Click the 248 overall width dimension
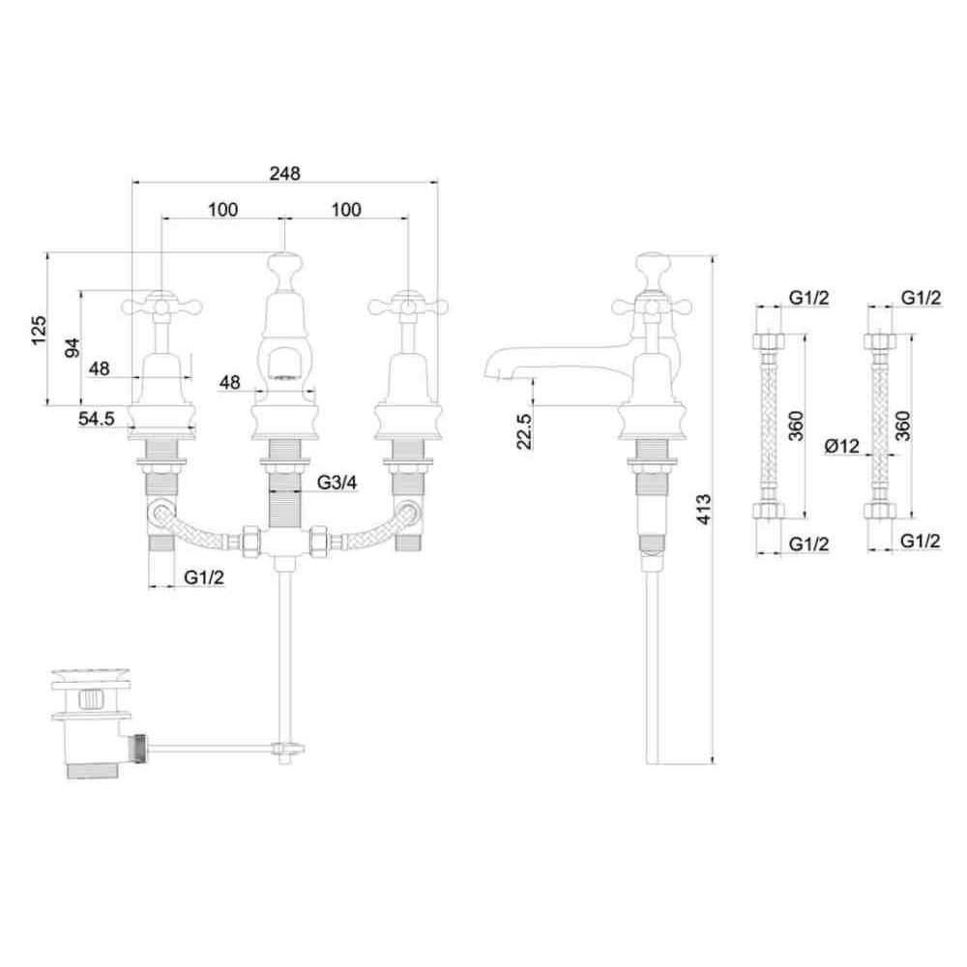(285, 173)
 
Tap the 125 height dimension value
(39, 330)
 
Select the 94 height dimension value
(73, 347)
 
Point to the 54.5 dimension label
(96, 419)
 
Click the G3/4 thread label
(337, 483)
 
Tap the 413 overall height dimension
(704, 509)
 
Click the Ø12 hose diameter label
(842, 445)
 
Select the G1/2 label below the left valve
(204, 578)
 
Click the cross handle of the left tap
(161, 305)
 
